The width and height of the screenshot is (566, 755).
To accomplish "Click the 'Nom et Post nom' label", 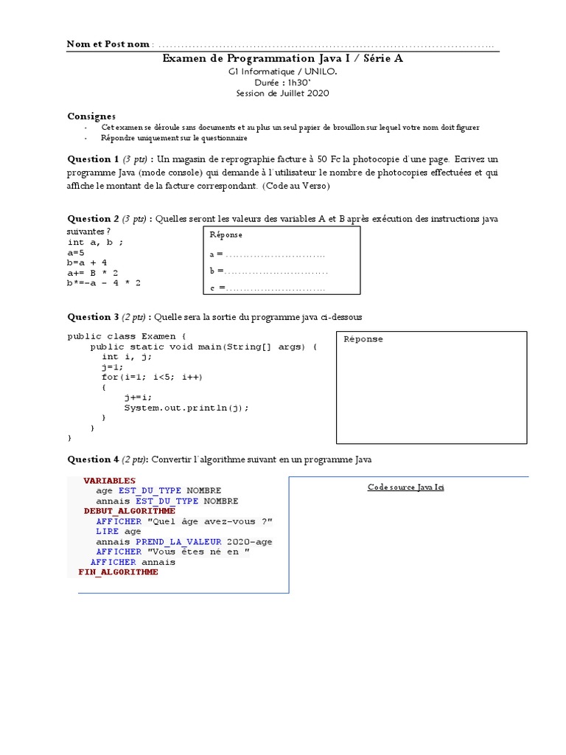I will point(108,44).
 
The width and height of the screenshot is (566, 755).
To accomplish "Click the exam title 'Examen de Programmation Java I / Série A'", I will point(283,58).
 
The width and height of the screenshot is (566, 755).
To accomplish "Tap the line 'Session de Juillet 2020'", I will point(282,93).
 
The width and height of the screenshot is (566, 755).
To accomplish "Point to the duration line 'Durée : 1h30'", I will point(282,83).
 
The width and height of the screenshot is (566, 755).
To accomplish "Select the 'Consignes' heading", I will point(91,116).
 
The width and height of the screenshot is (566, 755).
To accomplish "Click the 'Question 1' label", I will point(93,159).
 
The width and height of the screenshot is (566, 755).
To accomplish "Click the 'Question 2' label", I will point(93,218).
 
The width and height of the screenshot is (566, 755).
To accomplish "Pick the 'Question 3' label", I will point(93,317).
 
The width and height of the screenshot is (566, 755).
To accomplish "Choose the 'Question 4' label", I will point(93,459).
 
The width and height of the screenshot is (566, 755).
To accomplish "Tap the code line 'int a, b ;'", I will point(95,242).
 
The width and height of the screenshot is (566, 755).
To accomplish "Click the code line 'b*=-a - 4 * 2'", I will point(104,282).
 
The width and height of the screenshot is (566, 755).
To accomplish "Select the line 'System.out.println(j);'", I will point(186,408).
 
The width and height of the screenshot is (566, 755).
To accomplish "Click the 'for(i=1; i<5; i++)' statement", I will point(152,377).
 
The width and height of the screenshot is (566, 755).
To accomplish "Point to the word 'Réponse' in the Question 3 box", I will point(363,339).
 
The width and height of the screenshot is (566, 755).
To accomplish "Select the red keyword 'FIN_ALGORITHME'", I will point(118,572).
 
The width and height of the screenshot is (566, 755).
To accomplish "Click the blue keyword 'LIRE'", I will point(107,531).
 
